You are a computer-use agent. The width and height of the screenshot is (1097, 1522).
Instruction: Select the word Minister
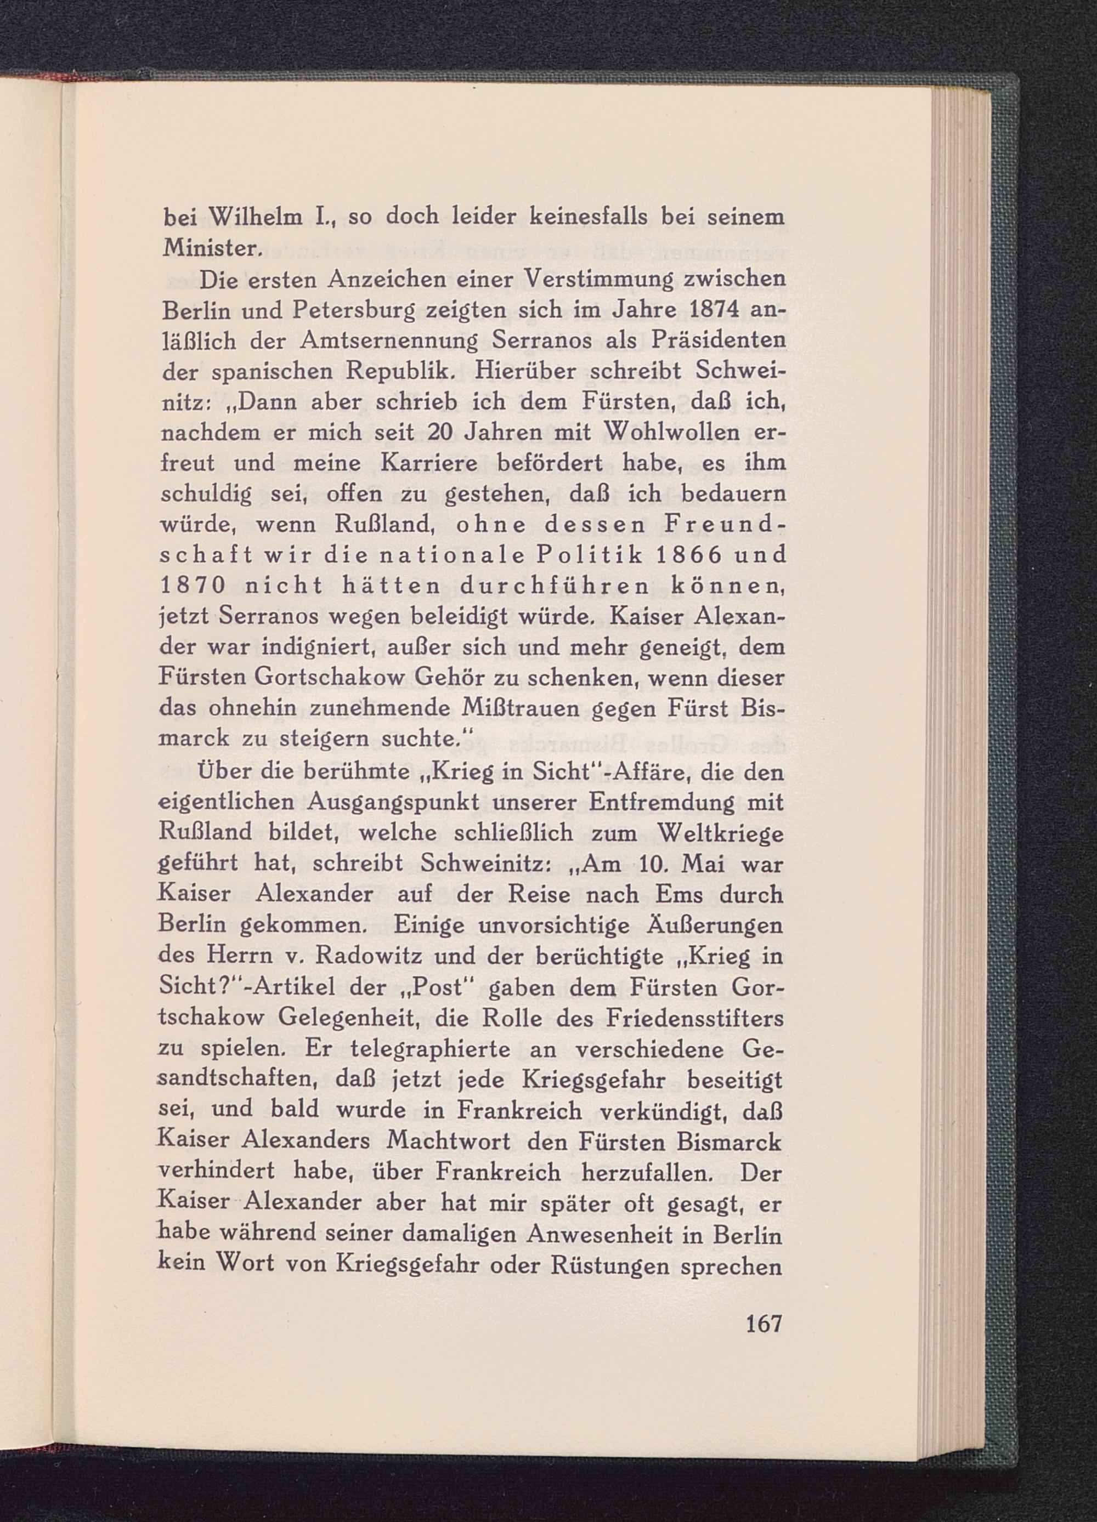[210, 249]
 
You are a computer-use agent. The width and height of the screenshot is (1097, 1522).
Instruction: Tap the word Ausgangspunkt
[407, 803]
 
